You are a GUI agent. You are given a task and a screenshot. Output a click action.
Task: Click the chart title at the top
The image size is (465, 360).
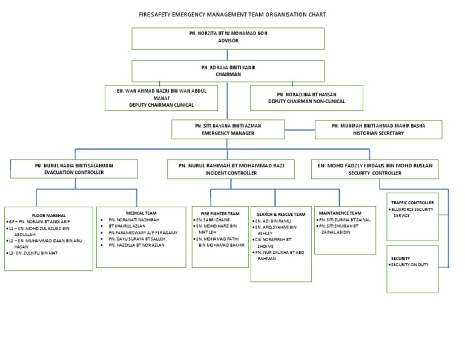click(232, 14)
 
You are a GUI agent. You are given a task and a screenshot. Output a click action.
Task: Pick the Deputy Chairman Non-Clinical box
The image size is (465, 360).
click(306, 98)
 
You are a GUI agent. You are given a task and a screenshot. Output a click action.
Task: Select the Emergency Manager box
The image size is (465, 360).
click(228, 128)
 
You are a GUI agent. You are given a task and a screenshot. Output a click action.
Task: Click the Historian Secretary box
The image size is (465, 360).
click(378, 129)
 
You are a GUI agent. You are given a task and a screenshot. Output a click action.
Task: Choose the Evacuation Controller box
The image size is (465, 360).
click(74, 168)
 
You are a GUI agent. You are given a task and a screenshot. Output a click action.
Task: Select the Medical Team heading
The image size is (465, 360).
click(142, 213)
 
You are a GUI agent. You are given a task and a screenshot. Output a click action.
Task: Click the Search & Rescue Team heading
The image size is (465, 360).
click(281, 215)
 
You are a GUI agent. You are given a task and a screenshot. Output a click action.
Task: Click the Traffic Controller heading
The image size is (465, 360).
click(412, 202)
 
